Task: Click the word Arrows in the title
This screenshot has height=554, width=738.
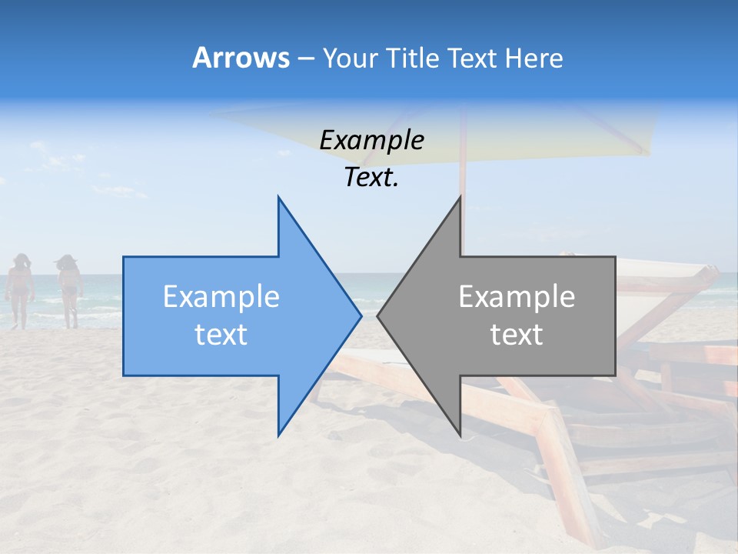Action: [241, 58]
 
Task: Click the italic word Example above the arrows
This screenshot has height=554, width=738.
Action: [371, 141]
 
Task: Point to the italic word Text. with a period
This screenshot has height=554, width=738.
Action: [371, 178]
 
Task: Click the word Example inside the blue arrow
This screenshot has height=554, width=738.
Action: [221, 297]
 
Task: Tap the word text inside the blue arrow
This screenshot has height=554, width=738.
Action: [221, 335]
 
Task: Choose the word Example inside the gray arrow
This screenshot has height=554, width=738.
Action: [517, 297]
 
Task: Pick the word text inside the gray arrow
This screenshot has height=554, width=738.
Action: [517, 335]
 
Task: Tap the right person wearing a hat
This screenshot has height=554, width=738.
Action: [69, 289]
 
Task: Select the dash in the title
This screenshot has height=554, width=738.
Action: [305, 58]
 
